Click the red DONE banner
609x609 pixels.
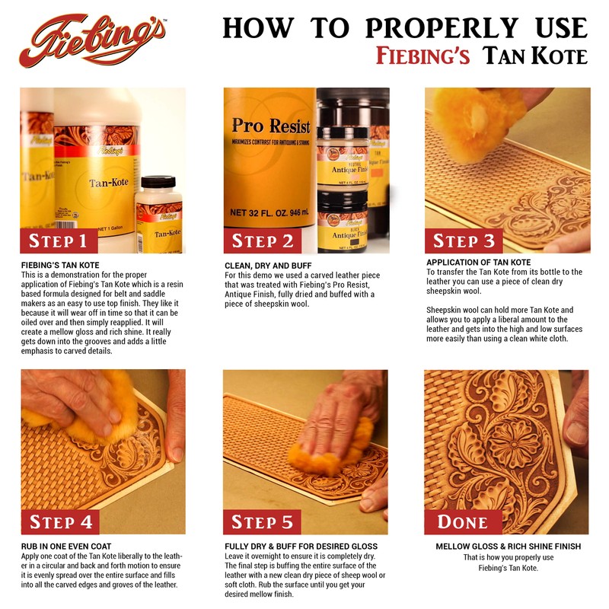[463, 521]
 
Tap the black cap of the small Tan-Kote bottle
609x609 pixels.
[158, 183]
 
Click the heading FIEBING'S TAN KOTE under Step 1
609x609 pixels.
[62, 265]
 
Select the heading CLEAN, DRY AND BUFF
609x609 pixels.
[268, 265]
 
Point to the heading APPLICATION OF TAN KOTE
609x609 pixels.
[478, 262]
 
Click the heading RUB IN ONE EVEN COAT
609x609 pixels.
[69, 547]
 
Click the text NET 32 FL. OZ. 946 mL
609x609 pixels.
[269, 213]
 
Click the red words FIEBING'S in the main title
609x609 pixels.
[426, 56]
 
